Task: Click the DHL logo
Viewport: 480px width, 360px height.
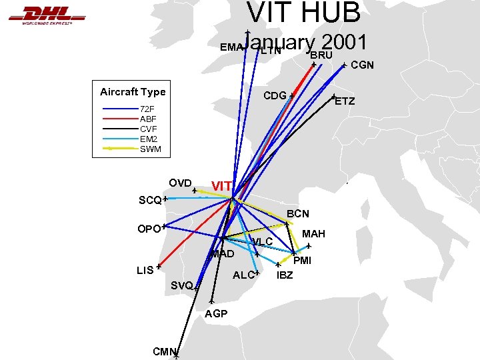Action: pos(46,14)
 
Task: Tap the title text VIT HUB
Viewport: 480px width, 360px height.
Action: pos(303,13)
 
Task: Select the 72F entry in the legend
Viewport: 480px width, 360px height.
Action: pos(147,109)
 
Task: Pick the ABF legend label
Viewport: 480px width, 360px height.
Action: pos(148,119)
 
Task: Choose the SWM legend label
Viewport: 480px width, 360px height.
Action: pos(149,149)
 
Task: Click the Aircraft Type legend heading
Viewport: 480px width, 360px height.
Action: pos(133,92)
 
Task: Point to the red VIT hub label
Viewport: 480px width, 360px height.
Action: pos(221,185)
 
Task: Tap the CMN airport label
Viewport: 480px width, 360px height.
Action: pos(163,351)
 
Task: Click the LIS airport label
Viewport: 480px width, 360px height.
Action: pos(145,270)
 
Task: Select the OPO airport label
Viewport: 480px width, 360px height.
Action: pos(148,229)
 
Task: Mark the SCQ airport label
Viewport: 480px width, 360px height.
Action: pos(150,200)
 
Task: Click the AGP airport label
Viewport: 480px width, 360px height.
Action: pos(216,313)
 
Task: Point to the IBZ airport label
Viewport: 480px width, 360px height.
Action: pos(285,275)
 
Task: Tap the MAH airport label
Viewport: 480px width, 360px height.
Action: pos(313,234)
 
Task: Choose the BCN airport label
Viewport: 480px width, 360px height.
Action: pos(298,214)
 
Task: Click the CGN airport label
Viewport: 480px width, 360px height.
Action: pos(362,65)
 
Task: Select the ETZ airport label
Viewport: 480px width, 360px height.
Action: pos(345,102)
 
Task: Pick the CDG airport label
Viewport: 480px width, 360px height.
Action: pos(275,95)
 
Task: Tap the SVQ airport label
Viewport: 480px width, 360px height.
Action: pos(181,285)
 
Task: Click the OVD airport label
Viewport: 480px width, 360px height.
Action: pos(180,183)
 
